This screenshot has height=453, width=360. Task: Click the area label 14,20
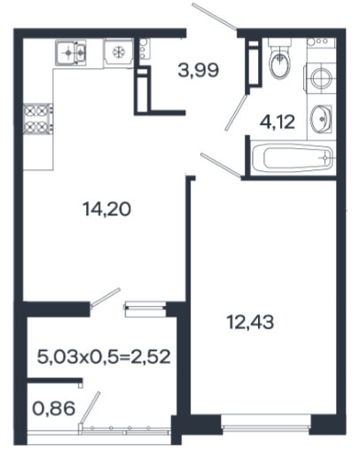click(106, 209)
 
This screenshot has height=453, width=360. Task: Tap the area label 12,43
click(250, 322)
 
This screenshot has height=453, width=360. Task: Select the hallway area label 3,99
click(199, 70)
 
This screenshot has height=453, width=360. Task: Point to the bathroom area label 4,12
click(278, 121)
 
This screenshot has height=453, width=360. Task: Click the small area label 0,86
click(53, 409)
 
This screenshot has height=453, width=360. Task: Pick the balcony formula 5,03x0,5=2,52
click(104, 356)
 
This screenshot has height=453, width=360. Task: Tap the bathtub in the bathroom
click(293, 158)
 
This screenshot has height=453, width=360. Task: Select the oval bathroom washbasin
click(321, 119)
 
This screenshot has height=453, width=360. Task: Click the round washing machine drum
click(321, 78)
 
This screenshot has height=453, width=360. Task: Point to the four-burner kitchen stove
click(38, 119)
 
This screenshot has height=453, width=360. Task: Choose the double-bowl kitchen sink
click(71, 53)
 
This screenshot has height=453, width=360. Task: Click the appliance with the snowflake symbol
click(119, 52)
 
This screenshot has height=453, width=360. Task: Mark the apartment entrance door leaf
click(214, 16)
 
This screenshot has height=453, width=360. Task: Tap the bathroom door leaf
click(236, 113)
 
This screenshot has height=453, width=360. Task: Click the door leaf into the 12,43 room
click(221, 166)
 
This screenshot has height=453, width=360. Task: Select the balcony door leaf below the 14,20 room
click(106, 298)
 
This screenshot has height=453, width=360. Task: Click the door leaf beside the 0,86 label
click(90, 410)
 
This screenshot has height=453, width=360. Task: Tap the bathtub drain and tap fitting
click(326, 158)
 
